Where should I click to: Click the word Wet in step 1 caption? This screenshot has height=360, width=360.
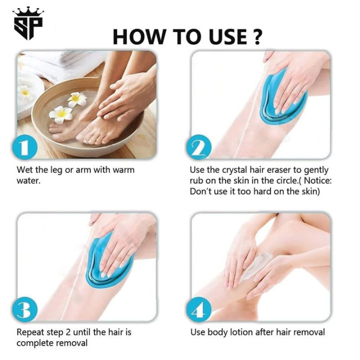tap(25, 170)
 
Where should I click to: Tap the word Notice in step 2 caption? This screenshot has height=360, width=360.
tap(313, 181)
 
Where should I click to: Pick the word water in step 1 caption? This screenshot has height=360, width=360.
tap(28, 181)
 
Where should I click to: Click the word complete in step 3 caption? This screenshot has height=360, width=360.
tap(34, 343)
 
